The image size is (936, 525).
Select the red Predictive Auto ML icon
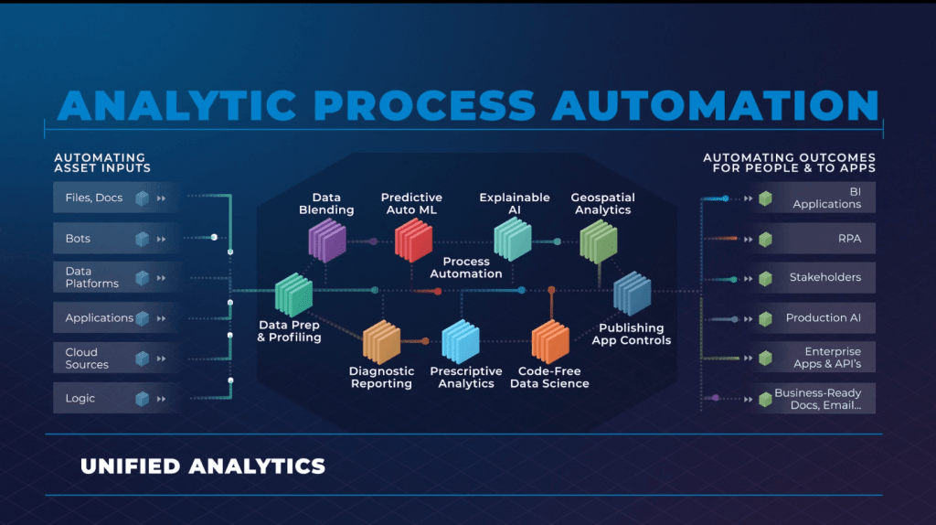coord(413,241)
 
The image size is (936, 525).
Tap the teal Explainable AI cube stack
coord(513,241)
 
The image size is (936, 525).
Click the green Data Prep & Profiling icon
coord(294,295)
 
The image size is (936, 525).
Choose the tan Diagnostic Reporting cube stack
coord(382,342)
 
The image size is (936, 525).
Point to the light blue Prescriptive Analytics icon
coord(461,342)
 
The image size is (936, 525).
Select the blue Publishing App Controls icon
coord(632,295)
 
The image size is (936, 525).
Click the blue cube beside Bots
coord(142,239)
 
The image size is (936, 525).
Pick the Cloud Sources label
coord(87,359)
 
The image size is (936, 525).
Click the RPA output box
coord(815,238)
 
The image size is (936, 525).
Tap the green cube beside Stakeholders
coord(766,278)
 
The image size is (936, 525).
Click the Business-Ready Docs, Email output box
coord(815,399)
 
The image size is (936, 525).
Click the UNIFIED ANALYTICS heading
coord(203,466)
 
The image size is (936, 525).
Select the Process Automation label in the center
coord(466,268)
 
